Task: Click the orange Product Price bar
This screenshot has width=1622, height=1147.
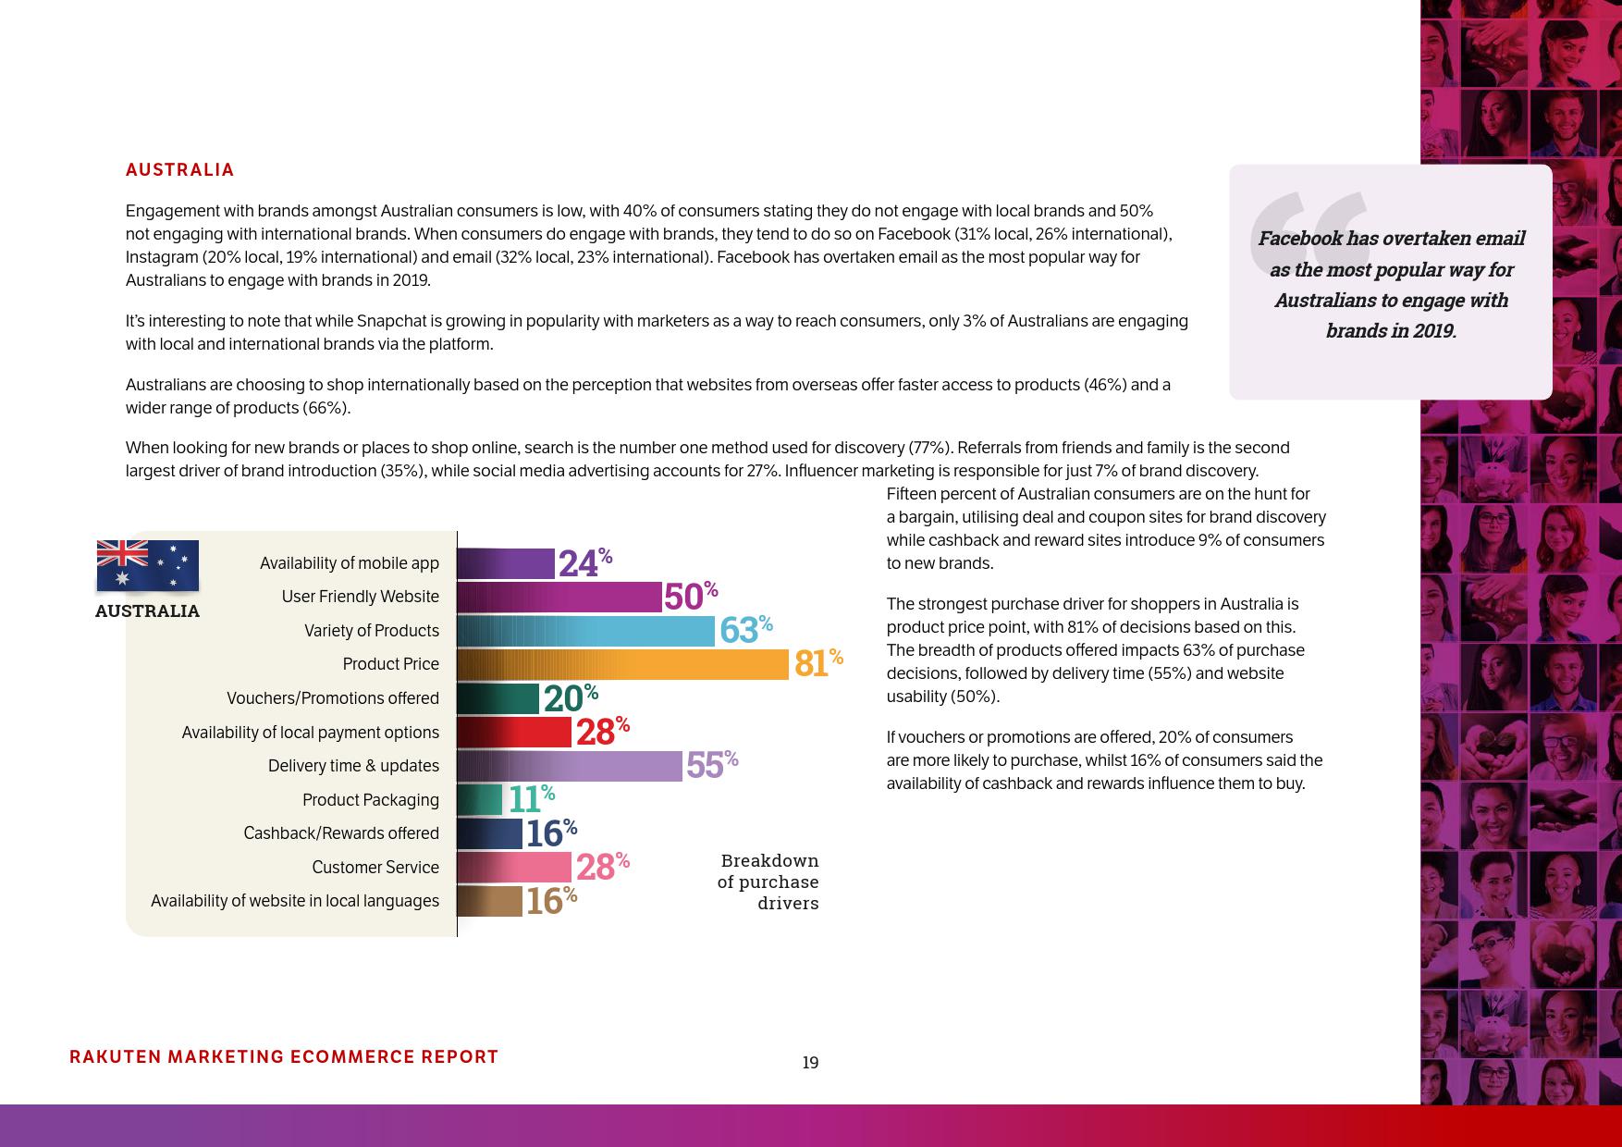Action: tap(622, 664)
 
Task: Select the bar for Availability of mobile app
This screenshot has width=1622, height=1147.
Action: tap(505, 563)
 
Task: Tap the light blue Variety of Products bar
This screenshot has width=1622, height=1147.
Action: tap(585, 631)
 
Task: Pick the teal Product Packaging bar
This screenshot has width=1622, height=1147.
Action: tap(479, 799)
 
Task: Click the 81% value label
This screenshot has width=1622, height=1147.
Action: tap(817, 663)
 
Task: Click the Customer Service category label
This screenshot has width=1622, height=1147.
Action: tap(375, 867)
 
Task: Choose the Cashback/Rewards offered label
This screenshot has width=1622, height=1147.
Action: tap(340, 833)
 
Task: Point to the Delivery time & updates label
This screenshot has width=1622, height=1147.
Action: tap(353, 766)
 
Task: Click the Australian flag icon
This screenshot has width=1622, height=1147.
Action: tap(148, 565)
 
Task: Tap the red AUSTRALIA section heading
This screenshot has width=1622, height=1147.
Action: tap(180, 170)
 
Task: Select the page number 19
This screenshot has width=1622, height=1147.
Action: tap(810, 1063)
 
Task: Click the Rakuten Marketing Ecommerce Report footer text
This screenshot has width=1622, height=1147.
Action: tap(284, 1056)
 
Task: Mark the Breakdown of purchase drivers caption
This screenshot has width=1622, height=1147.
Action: tap(768, 882)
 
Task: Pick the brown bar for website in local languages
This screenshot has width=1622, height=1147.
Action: tap(489, 901)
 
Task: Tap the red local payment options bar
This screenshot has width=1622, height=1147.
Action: tap(514, 732)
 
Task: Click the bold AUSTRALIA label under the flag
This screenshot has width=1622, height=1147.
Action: tap(147, 611)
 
